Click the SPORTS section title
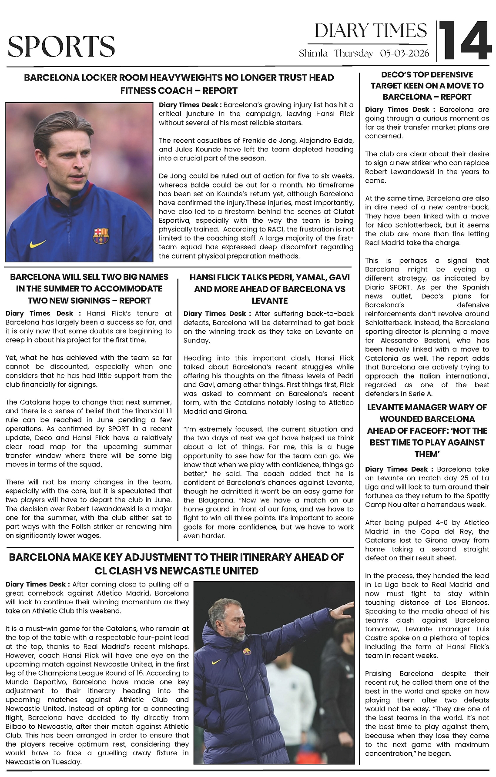tap(61, 47)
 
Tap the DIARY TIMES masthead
tap(371, 30)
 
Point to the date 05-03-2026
tap(405, 54)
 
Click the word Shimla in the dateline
tap(313, 54)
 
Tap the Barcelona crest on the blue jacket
tap(101, 236)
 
